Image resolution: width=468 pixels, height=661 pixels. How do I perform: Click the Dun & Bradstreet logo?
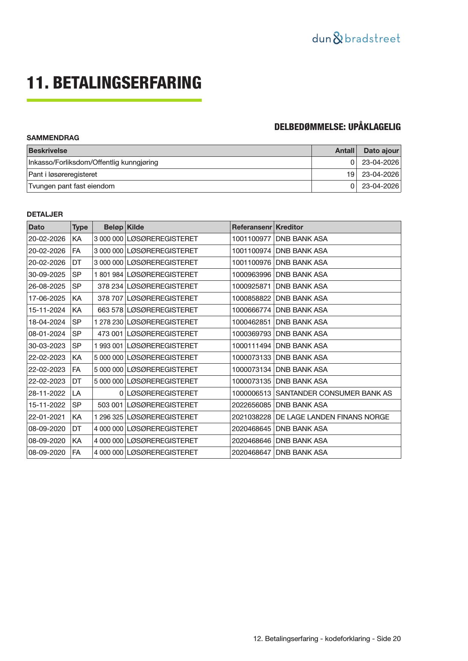356,38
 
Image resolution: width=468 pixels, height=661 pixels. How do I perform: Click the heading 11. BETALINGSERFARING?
114,83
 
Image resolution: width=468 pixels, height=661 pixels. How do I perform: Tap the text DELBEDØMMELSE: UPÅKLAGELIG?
337,127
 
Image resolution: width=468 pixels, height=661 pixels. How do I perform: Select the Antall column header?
345,151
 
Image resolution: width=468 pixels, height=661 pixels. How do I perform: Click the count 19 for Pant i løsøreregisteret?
351,174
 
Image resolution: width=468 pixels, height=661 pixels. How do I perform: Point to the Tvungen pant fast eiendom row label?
72,186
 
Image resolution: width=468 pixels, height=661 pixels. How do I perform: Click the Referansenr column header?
252,227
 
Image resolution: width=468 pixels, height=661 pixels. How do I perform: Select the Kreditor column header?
289,227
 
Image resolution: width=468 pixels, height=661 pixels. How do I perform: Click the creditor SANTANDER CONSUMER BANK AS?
334,393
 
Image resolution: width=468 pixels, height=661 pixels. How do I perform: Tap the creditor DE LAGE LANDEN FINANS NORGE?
332,417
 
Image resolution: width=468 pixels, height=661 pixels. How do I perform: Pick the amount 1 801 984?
109,275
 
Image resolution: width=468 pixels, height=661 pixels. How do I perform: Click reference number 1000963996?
251,275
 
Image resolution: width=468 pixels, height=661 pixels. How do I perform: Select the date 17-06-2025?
47,298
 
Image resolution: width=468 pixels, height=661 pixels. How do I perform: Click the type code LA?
77,393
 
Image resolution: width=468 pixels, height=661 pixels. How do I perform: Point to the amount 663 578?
110,310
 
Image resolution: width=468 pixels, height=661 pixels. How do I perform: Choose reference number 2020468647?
251,453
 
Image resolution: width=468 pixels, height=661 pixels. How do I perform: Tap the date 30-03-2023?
47,346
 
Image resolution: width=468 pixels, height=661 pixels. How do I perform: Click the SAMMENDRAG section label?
53,138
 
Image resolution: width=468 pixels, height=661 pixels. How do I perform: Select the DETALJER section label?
45,214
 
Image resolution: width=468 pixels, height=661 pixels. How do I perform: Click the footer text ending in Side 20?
327,639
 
